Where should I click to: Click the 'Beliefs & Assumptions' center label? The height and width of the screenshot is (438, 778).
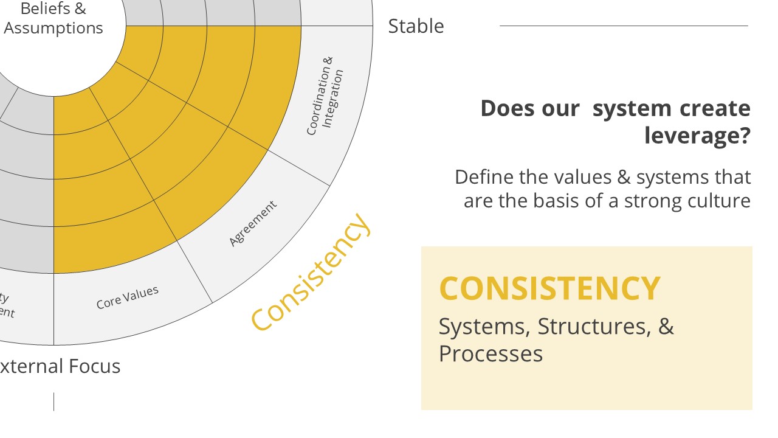click(53, 19)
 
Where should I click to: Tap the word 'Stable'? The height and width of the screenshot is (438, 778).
click(416, 26)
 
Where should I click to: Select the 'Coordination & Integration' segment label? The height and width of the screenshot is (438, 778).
click(325, 96)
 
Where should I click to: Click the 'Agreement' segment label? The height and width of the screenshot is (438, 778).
click(253, 223)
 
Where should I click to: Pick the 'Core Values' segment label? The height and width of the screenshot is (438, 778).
click(128, 297)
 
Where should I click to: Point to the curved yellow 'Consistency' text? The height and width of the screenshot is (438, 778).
click(311, 272)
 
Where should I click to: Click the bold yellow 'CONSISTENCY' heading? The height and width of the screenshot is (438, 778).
click(549, 288)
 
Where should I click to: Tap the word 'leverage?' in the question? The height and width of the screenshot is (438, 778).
click(697, 135)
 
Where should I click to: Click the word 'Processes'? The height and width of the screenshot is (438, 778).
click(491, 353)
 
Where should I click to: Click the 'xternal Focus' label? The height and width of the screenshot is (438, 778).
click(60, 366)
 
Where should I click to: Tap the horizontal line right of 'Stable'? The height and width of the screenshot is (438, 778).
click(624, 26)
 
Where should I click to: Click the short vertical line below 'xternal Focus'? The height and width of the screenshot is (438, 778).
click(53, 401)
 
